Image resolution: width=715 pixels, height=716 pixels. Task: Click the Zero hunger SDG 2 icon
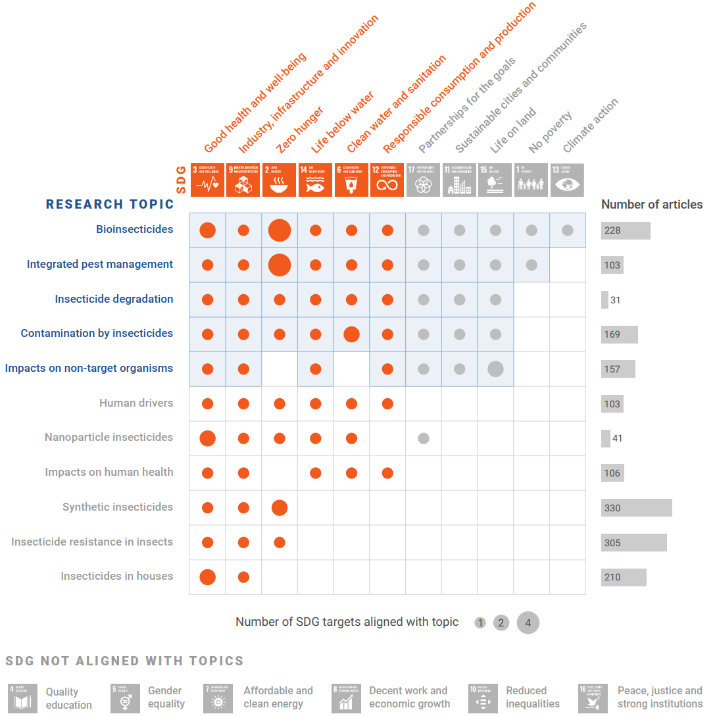[x=279, y=180]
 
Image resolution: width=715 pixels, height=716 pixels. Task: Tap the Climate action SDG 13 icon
[x=567, y=180]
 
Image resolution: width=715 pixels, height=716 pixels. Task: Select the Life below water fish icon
[x=315, y=180]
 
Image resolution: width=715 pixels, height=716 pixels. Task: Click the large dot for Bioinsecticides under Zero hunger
[x=280, y=230]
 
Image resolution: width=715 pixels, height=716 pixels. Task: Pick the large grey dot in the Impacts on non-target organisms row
[x=495, y=369]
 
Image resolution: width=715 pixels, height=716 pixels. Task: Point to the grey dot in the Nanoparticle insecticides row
[x=424, y=438]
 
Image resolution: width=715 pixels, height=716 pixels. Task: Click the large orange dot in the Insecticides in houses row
[x=208, y=577]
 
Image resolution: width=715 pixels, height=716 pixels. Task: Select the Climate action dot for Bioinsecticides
[x=568, y=230]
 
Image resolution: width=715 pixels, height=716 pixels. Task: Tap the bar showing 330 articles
[x=636, y=507]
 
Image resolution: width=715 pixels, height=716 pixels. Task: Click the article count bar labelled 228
[x=625, y=230]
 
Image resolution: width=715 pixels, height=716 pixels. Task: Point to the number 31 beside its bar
[x=615, y=300]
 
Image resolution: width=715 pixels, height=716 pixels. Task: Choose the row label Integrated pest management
[x=100, y=265]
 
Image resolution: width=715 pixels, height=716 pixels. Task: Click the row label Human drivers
[x=136, y=403]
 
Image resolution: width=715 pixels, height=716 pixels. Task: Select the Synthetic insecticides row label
[x=118, y=507]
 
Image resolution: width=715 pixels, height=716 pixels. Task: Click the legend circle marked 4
[x=528, y=623]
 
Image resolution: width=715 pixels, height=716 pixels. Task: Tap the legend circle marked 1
[x=480, y=623]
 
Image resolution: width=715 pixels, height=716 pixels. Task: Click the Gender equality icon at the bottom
[x=125, y=698]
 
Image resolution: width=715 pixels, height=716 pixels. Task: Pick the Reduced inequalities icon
[x=483, y=698]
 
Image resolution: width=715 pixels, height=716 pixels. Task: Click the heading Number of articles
[x=651, y=205]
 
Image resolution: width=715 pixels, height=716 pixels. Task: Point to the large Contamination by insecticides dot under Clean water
[x=351, y=334]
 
